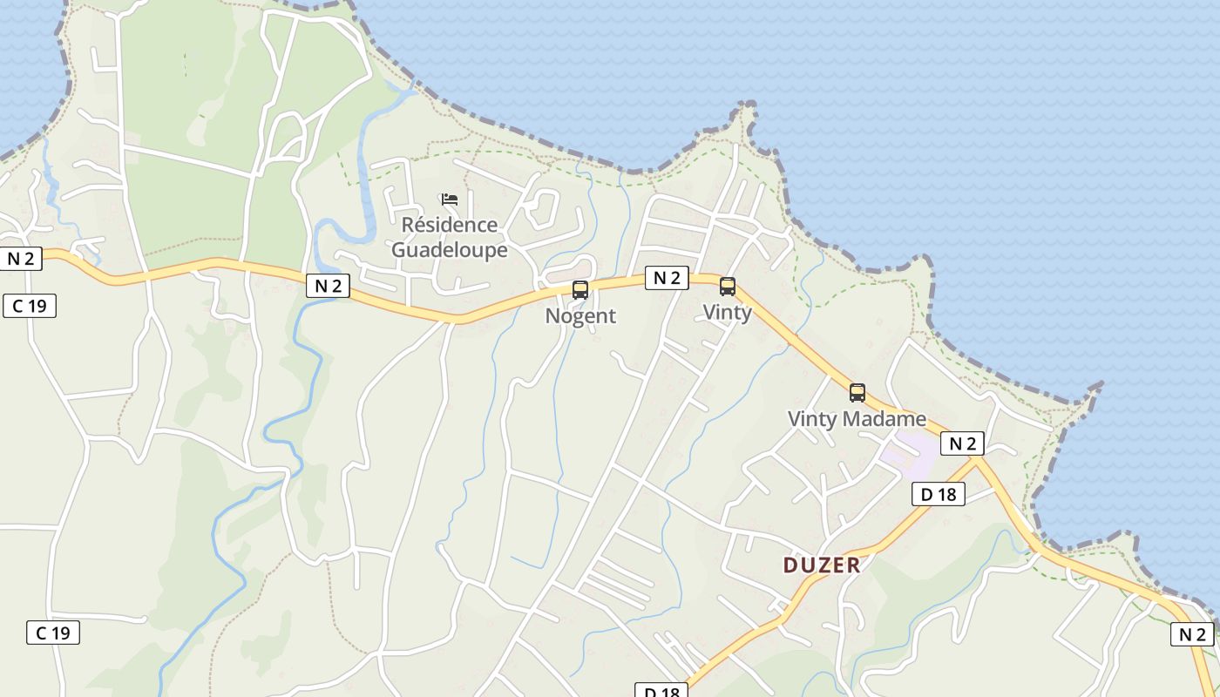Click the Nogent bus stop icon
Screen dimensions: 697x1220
[580, 290]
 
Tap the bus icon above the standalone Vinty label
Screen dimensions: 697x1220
[728, 287]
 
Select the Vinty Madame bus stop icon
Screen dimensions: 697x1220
[857, 393]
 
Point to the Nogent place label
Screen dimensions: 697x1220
[580, 316]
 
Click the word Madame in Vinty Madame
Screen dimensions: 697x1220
[884, 419]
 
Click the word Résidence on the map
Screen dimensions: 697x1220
[449, 225]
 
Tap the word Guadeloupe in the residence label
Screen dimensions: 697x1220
[449, 250]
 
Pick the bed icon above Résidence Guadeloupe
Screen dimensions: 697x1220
[450, 200]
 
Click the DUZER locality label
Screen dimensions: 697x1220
[821, 565]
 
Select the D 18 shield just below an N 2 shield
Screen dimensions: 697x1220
[938, 495]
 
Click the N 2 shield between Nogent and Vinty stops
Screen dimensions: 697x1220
[667, 278]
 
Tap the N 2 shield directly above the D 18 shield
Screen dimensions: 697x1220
[962, 443]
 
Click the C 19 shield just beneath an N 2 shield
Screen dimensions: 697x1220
[30, 306]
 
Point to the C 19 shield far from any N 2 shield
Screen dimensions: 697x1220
[53, 633]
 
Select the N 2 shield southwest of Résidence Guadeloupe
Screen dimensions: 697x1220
[328, 286]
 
